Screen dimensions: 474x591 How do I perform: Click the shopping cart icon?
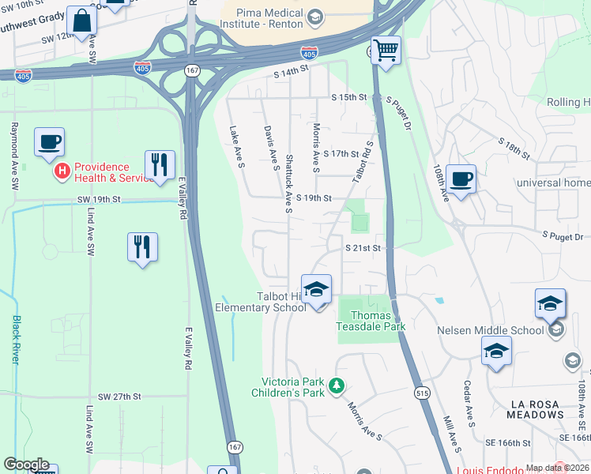pos(386,51)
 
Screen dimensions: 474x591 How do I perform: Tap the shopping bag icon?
pos(81,21)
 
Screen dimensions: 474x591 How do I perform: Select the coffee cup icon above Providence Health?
pos(49,142)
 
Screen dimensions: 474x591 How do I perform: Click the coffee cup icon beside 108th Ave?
pos(461,179)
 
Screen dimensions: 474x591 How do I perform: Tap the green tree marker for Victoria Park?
pos(337,386)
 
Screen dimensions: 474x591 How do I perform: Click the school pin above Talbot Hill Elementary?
pos(316,290)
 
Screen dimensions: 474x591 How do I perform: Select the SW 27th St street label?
pos(120,396)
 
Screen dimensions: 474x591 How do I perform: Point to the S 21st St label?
pos(363,248)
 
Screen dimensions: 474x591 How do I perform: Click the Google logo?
pos(25,465)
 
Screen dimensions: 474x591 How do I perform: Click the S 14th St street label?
pos(291,71)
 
